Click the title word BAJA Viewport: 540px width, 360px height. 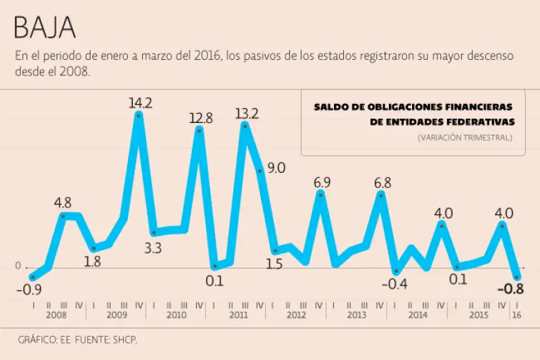[x=44, y=28]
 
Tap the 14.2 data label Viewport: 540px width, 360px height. [x=140, y=103]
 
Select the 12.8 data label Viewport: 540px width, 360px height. [x=200, y=117]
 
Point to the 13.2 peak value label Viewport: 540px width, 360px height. [x=247, y=112]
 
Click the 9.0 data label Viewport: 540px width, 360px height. [x=276, y=167]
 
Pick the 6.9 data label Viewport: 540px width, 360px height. [x=321, y=183]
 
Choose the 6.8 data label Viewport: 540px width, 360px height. [x=382, y=184]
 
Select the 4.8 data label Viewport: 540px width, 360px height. [x=63, y=203]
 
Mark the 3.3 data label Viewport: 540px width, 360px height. [x=153, y=247]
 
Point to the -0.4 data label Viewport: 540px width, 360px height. [x=397, y=283]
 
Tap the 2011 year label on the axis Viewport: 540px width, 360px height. [x=238, y=316]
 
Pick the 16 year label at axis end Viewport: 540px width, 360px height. [x=517, y=316]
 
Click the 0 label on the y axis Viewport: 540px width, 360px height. [x=18, y=266]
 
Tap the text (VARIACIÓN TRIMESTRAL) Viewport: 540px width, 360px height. [x=464, y=138]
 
